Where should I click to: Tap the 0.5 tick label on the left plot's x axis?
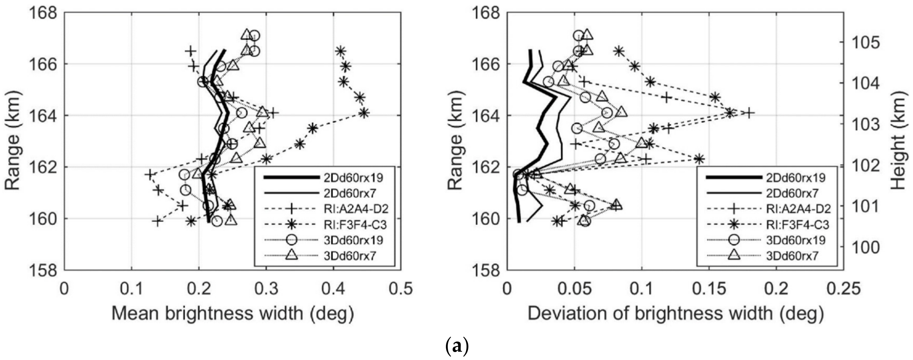(x=401, y=289)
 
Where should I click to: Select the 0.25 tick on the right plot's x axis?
(x=843, y=289)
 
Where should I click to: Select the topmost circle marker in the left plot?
(x=255, y=35)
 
